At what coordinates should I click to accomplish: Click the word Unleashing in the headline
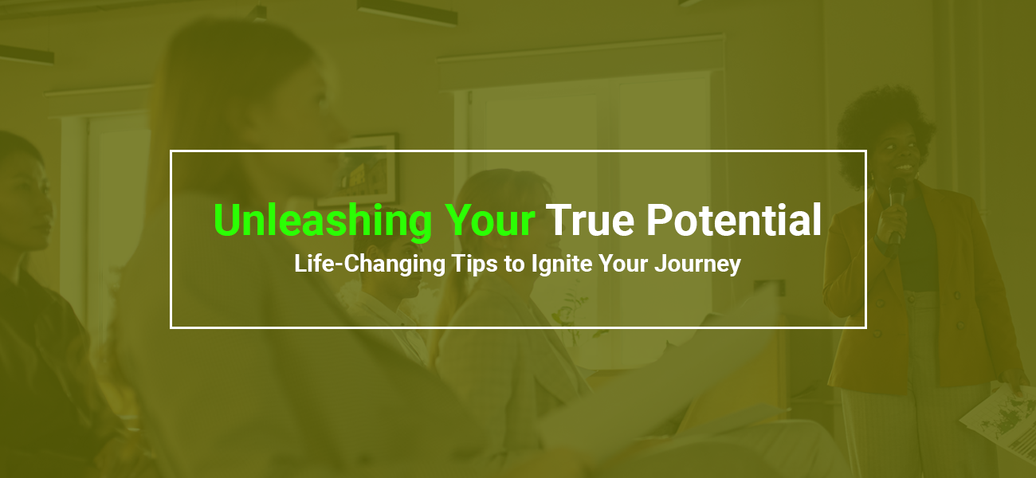pyautogui.click(x=323, y=221)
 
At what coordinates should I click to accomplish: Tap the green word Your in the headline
pyautogui.click(x=489, y=221)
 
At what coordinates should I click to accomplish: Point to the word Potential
pyautogui.click(x=733, y=220)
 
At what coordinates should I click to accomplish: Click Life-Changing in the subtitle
pyautogui.click(x=370, y=264)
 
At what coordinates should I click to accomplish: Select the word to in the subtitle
pyautogui.click(x=515, y=264)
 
